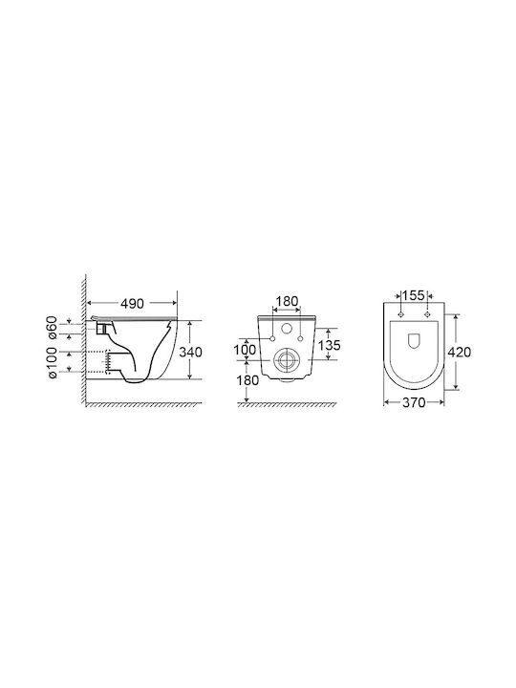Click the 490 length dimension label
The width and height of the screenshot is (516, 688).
pyautogui.click(x=132, y=303)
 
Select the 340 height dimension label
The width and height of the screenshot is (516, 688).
pyautogui.click(x=190, y=352)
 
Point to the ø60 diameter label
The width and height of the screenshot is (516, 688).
pyautogui.click(x=52, y=328)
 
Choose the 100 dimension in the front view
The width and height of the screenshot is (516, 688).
pyautogui.click(x=245, y=350)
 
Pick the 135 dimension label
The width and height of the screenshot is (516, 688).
pyautogui.click(x=329, y=345)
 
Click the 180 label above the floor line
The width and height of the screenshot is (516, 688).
pyautogui.click(x=247, y=380)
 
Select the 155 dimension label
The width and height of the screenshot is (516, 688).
pyautogui.click(x=414, y=295)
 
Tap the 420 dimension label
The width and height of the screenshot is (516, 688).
pyautogui.click(x=459, y=352)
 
